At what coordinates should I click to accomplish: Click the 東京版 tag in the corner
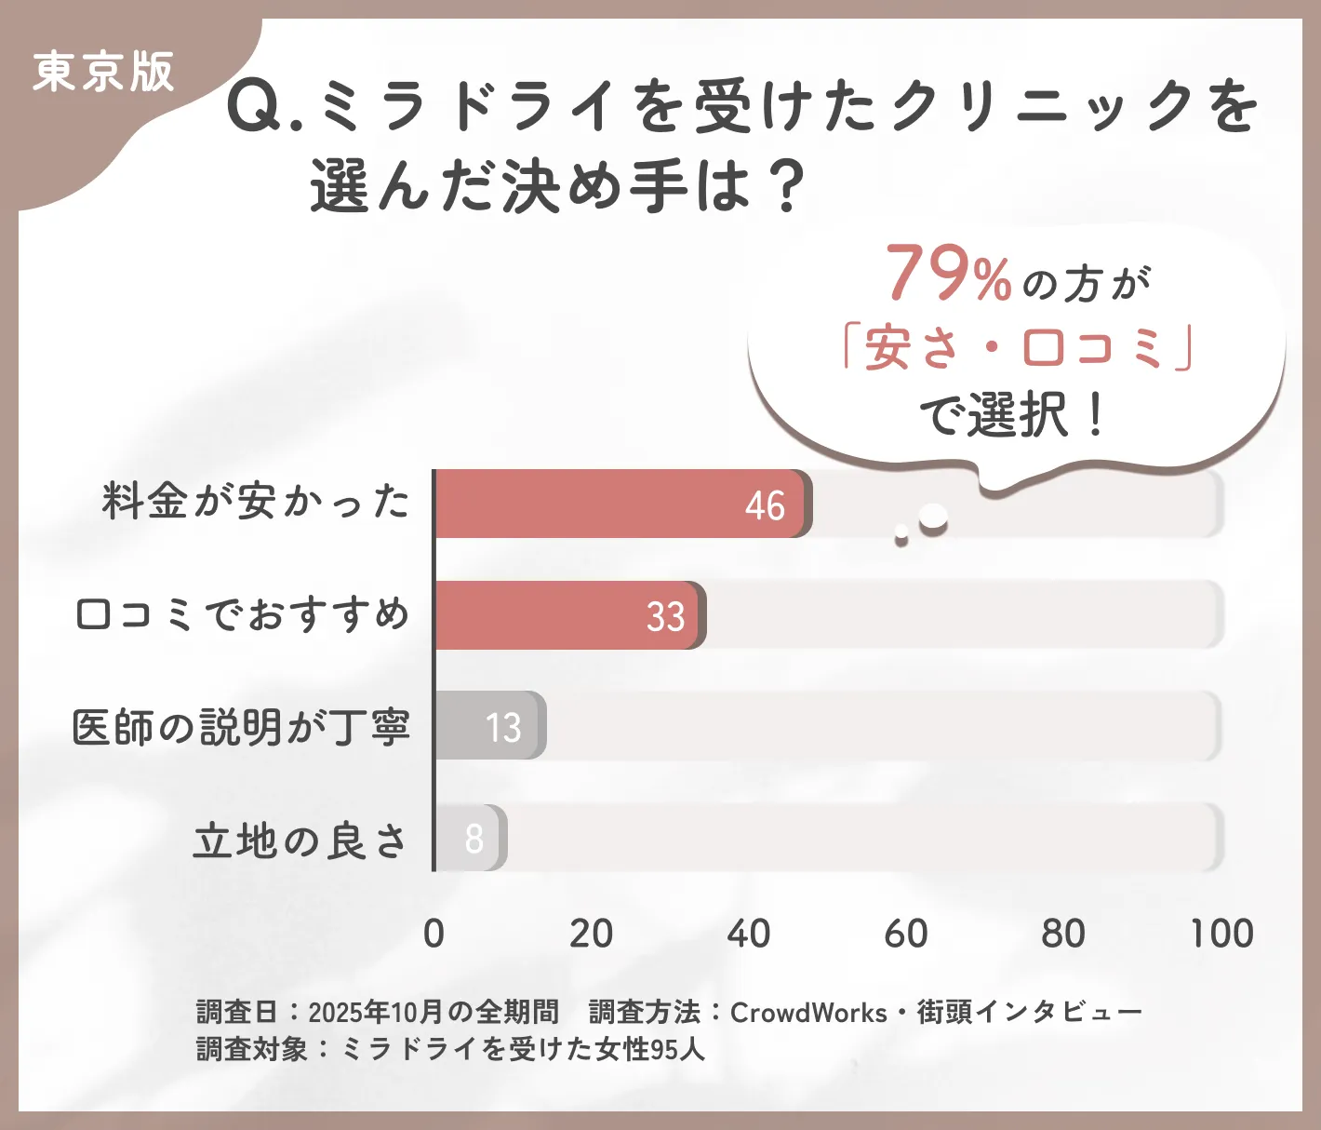[103, 72]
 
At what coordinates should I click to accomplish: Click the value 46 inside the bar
[765, 505]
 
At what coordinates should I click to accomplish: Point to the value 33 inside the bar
[665, 616]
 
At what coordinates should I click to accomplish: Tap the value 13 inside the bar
[503, 727]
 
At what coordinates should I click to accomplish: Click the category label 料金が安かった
[256, 502]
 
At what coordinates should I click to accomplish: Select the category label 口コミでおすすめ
[242, 614]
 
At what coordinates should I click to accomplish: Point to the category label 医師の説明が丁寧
[241, 726]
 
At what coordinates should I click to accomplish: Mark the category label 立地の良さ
[300, 841]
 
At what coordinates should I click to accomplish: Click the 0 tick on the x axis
[434, 934]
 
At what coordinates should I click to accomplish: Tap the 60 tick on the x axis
[906, 934]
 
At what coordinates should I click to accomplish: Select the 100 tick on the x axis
[1221, 934]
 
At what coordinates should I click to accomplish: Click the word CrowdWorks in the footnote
[808, 1013]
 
